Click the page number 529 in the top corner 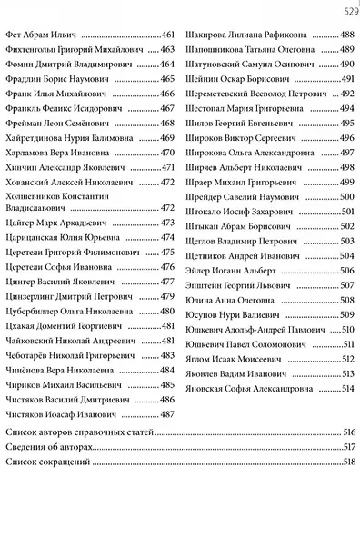(x=349, y=11)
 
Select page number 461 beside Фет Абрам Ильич (x=167, y=34)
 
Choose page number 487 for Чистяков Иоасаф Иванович (x=167, y=414)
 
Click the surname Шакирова (x=205, y=34)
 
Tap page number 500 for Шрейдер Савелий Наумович (x=346, y=196)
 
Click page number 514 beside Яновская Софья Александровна (x=346, y=389)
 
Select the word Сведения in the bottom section (x=25, y=448)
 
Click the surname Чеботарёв (x=29, y=355)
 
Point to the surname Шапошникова (x=215, y=48)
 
